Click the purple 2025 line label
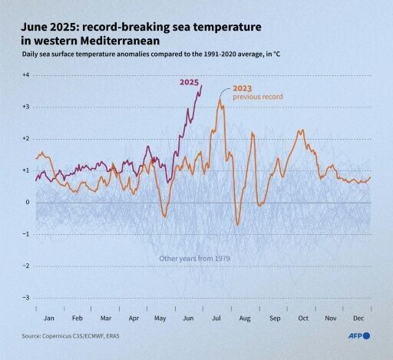pos(190,82)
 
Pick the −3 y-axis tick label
pos(25,298)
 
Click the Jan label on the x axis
pos(50,317)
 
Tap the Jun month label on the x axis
pos(189,317)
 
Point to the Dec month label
pos(358,317)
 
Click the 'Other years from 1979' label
pos(195,259)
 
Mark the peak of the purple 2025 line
pos(201,84)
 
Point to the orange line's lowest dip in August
pos(238,224)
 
